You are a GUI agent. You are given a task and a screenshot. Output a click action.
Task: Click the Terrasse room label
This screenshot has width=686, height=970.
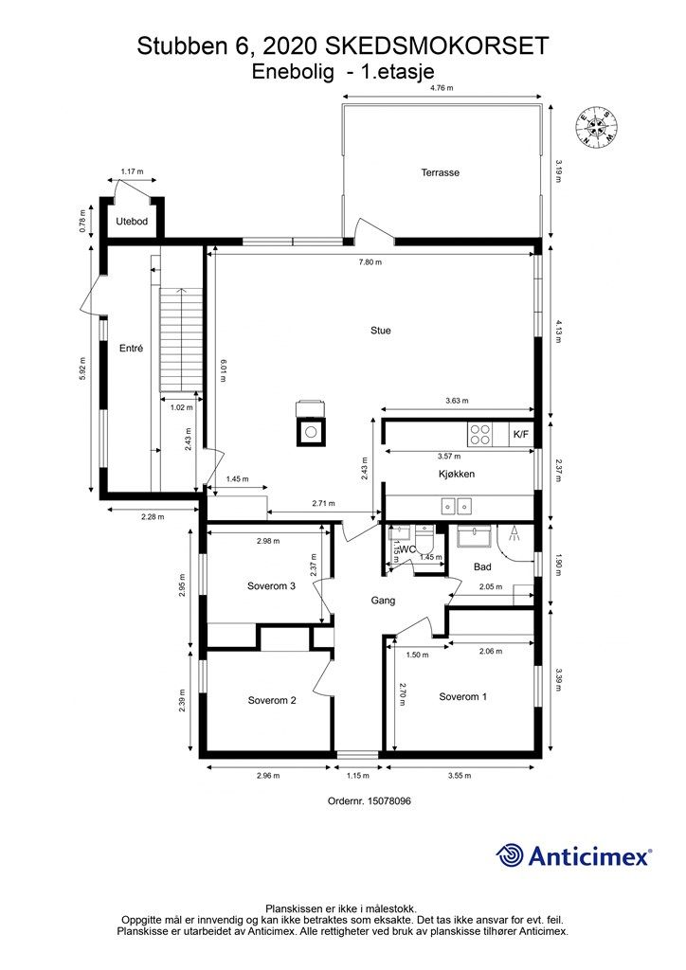coord(440,172)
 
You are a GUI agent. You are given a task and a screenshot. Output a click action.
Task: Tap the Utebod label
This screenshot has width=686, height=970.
coord(132,221)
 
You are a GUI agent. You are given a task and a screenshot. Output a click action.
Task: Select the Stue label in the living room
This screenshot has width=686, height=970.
coord(380,331)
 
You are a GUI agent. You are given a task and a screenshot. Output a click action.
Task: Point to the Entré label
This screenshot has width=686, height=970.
coord(131,349)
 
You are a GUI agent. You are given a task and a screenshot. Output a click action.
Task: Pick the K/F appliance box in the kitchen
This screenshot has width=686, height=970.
coord(521,434)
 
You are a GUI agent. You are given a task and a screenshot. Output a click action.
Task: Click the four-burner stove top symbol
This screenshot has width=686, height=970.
coord(479,434)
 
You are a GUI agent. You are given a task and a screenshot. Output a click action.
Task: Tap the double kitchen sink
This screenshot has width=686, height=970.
coord(457,506)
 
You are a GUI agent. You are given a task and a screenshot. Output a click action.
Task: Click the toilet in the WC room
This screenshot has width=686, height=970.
coord(425,538)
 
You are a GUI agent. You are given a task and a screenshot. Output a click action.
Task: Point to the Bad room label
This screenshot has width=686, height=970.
coord(482,566)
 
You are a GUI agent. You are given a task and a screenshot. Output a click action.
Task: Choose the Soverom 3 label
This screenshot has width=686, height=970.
coord(271,585)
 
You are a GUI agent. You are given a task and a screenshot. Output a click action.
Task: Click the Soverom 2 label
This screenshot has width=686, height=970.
coord(272,700)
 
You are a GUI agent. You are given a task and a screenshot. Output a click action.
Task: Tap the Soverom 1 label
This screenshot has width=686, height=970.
coord(462,696)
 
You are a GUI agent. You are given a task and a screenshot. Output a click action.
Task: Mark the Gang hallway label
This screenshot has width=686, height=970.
coord(383,600)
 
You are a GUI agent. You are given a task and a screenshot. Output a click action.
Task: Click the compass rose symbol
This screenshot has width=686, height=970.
coord(597,127)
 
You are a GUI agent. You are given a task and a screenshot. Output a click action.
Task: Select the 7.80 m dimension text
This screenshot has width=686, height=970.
coord(370,261)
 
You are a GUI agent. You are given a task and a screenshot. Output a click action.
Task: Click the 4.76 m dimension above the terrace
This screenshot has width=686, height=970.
coord(442,88)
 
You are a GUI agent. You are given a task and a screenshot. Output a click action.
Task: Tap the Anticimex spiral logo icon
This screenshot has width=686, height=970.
coord(509,856)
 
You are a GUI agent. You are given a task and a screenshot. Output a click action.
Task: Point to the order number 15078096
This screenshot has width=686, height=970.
coord(389,800)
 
